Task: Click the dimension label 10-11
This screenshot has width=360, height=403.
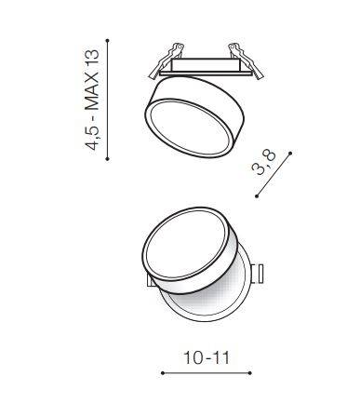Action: tap(207, 357)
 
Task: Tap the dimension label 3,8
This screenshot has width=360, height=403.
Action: tap(264, 162)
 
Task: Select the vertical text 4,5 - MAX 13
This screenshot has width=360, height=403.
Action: tap(92, 100)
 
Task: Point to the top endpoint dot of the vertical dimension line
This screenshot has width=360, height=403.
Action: tap(107, 41)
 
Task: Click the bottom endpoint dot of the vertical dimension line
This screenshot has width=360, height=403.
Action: tap(107, 159)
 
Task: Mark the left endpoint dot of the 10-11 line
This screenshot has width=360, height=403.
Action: tap(163, 373)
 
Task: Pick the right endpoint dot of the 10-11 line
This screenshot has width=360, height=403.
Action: tap(250, 373)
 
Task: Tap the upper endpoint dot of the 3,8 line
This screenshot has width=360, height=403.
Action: tap(290, 154)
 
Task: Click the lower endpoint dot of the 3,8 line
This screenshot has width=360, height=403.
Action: tap(257, 196)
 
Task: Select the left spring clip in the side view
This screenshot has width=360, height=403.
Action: tap(165, 60)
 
